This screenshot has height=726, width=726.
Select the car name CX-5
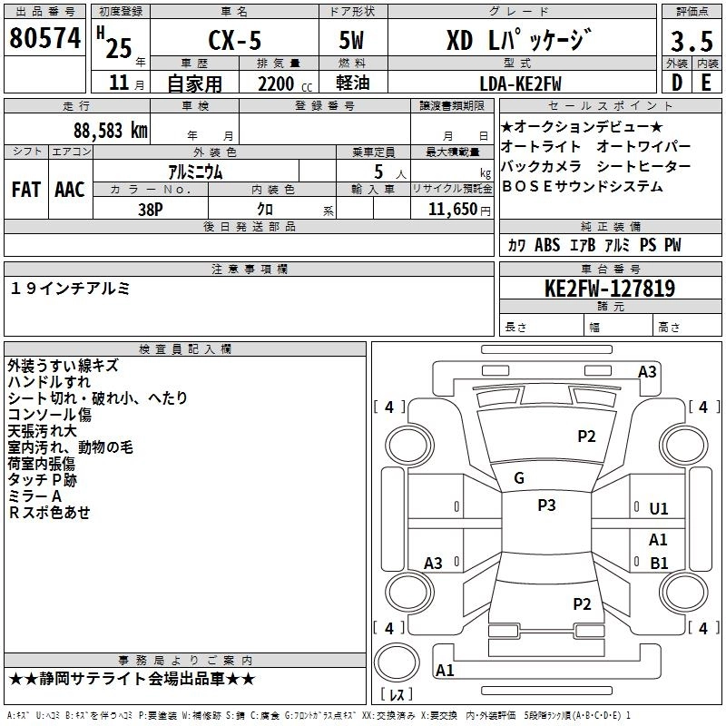point(231,42)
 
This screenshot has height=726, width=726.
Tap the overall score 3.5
point(691,42)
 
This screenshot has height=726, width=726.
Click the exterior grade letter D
point(677,83)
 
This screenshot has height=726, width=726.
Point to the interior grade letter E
point(705,83)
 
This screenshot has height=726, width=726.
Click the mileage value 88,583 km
point(110,129)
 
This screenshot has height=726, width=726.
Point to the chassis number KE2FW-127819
point(609,289)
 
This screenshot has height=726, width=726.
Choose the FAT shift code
point(25,190)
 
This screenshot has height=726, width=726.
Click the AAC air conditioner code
point(70,190)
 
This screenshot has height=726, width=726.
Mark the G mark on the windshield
point(519,478)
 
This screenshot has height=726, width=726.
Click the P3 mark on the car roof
point(546,505)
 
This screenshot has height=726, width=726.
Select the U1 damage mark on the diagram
point(659,509)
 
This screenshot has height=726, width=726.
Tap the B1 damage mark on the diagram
point(659,563)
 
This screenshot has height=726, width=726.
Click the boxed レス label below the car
point(396,695)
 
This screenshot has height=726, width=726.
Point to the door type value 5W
point(354,42)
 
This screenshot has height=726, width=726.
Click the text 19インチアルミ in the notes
point(70,288)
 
